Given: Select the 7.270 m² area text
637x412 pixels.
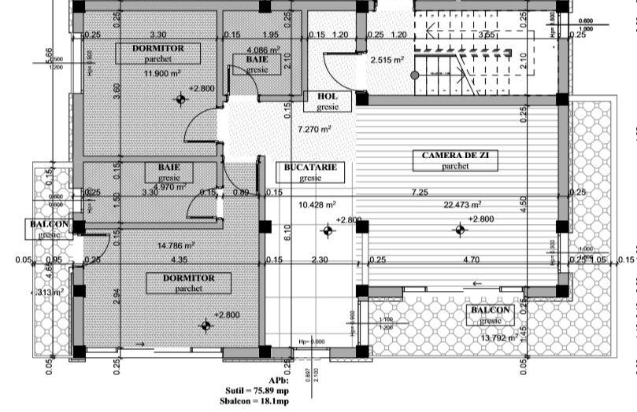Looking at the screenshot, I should [313, 129].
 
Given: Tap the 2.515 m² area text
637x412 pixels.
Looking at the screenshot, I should [387, 60].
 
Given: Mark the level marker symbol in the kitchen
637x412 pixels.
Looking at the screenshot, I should [328, 231].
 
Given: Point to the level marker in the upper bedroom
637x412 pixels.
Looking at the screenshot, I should [181, 99].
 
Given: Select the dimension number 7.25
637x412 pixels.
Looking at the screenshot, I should [419, 193].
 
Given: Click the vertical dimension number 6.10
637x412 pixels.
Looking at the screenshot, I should [288, 233].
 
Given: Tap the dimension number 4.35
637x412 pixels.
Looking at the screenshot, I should [177, 259].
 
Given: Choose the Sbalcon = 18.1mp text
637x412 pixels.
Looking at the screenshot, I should [257, 400].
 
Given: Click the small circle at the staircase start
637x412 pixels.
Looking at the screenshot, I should [414, 75].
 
